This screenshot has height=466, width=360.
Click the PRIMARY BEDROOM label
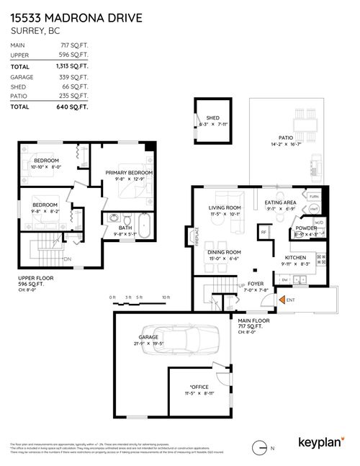pos(129,173)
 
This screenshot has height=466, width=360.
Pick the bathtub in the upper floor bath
pos(145,225)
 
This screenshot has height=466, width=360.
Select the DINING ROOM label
pos(223,252)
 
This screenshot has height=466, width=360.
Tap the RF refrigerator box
pos(264,233)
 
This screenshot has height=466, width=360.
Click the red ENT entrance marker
pos(290,299)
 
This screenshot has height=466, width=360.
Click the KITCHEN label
pos(296,257)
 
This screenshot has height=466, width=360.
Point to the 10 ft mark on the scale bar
pos(166,297)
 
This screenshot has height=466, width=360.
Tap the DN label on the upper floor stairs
pos(67,259)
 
